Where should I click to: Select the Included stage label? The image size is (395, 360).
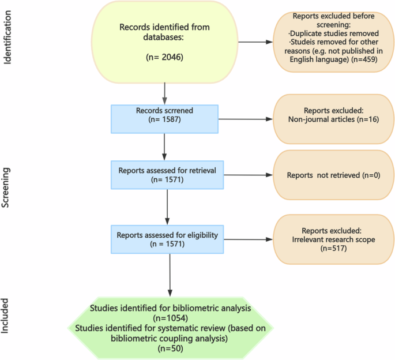tap(8, 316)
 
